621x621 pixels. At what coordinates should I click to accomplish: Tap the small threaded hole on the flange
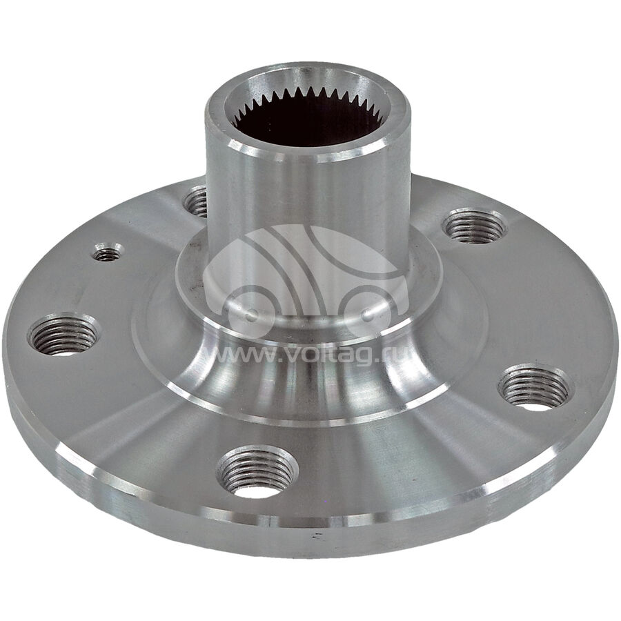[108, 253]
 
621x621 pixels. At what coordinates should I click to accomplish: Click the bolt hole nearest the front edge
[257, 472]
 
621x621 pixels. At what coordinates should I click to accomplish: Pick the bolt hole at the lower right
[535, 387]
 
